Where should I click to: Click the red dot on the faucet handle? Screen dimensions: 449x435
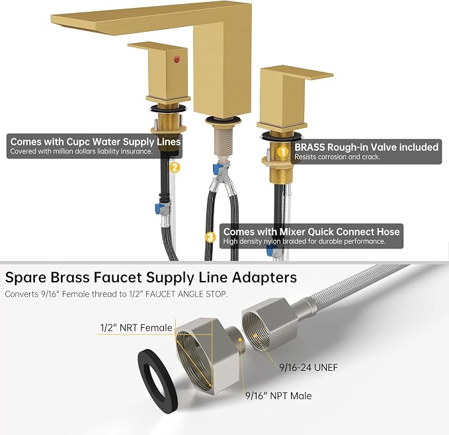point(177,59)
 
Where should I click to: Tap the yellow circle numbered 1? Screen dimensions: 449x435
point(283,151)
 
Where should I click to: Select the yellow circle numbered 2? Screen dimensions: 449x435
point(175,167)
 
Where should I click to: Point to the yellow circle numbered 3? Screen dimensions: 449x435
point(210,237)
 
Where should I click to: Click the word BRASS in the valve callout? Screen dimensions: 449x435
point(309,147)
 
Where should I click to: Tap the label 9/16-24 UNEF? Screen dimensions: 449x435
point(308,367)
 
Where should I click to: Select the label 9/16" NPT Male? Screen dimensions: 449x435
point(278,395)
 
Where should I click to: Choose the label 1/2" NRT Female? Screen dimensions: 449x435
point(136,328)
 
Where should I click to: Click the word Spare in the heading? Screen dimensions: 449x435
point(26,278)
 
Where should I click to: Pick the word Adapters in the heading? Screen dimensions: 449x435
point(264,278)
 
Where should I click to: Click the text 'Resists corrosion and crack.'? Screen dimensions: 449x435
point(337,157)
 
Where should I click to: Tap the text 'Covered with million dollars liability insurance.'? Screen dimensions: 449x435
point(81,151)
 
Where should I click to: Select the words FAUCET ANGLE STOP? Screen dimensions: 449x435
point(186,294)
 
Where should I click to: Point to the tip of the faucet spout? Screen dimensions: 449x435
point(52,19)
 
